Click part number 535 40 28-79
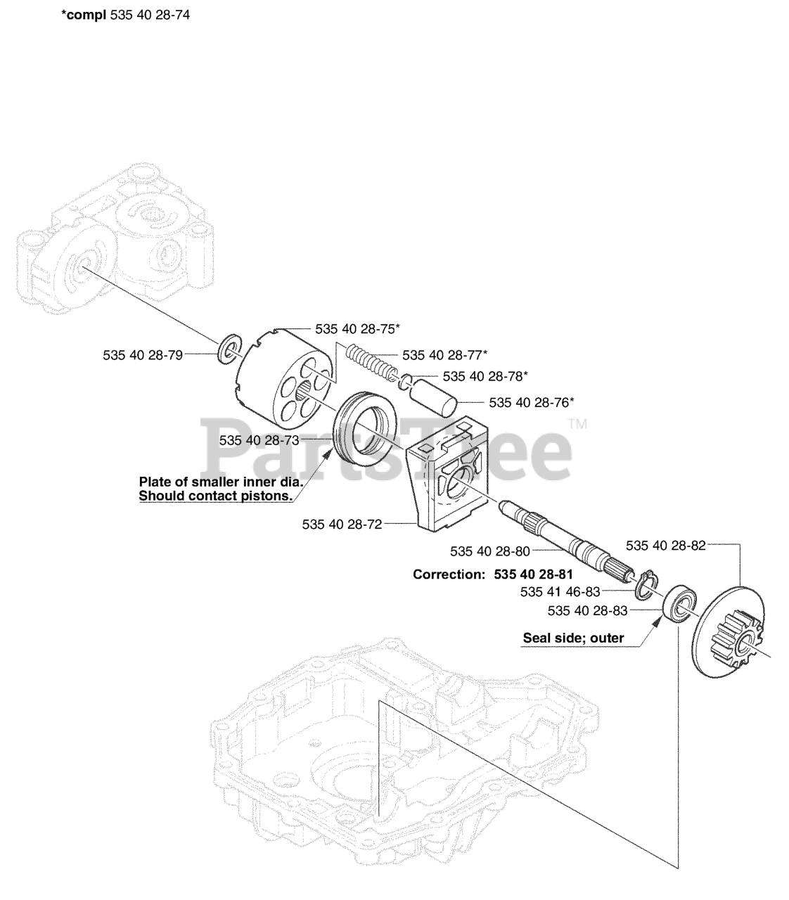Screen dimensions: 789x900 pyautogui.click(x=143, y=356)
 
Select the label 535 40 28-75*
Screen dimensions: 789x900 pyautogui.click(x=358, y=328)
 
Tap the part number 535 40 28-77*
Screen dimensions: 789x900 pyautogui.click(x=445, y=354)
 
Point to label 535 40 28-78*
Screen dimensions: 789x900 pyautogui.click(x=486, y=376)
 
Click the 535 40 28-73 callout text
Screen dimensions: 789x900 pyautogui.click(x=259, y=440)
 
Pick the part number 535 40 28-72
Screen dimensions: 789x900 pyautogui.click(x=342, y=524)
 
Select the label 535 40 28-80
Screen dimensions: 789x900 pyautogui.click(x=490, y=551)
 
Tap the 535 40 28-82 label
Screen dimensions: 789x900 pyautogui.click(x=666, y=545)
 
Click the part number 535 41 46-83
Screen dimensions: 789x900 pyautogui.click(x=560, y=592)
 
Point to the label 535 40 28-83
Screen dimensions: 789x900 pyautogui.click(x=588, y=611)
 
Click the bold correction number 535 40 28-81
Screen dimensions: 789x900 pyautogui.click(x=534, y=574)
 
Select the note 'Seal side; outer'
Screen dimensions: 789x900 pyautogui.click(x=573, y=639)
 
